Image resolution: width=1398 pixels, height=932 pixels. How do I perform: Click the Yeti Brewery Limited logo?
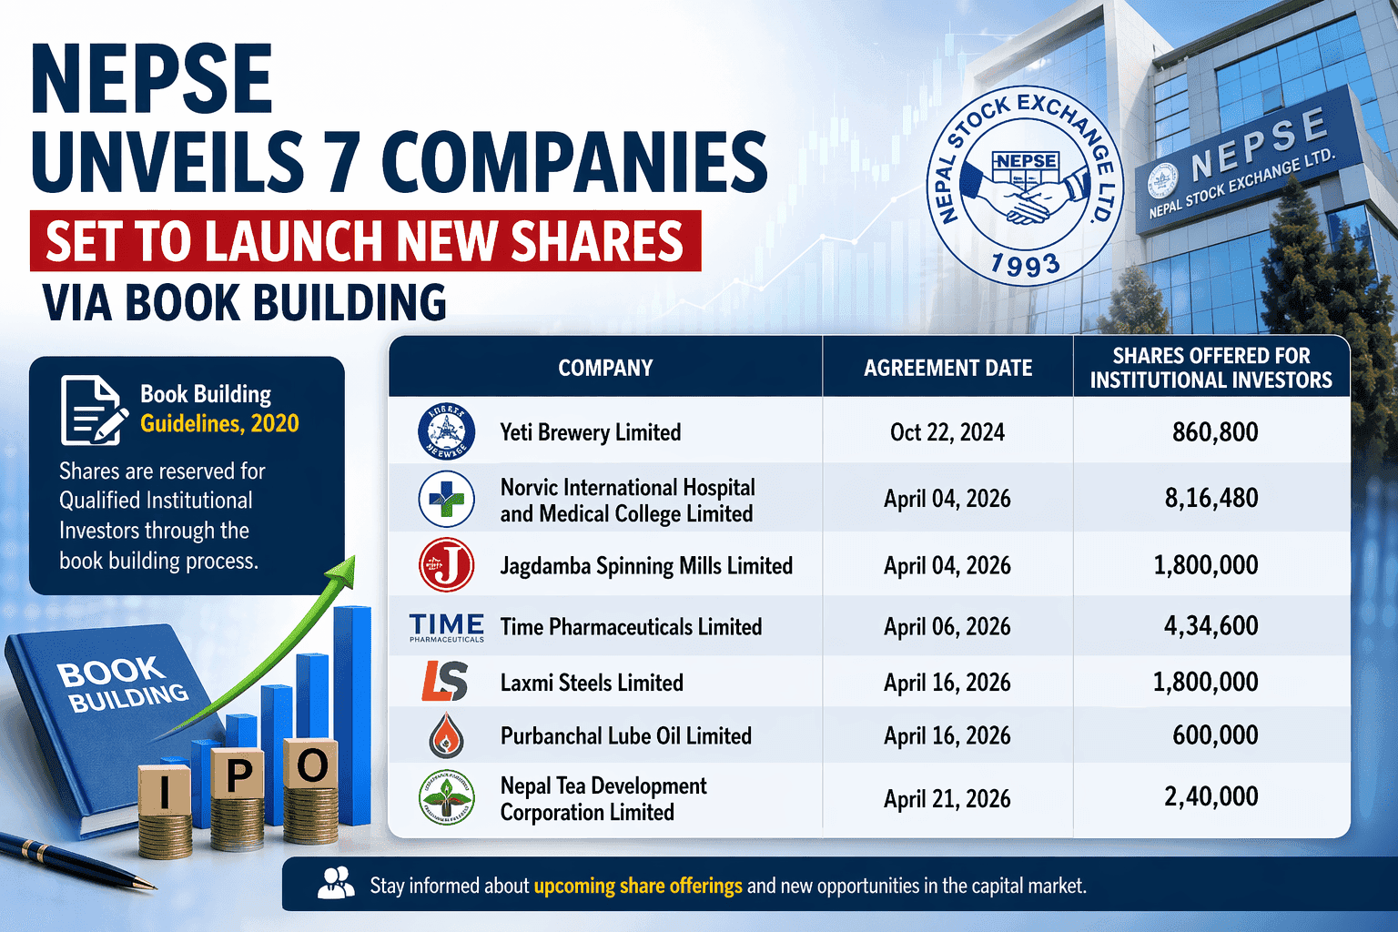(x=446, y=431)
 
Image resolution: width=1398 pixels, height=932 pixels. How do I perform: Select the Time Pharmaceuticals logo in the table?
(x=446, y=627)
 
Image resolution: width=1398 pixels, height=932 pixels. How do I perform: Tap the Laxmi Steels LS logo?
(x=445, y=682)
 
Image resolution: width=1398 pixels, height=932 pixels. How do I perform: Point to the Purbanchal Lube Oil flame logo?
(x=446, y=735)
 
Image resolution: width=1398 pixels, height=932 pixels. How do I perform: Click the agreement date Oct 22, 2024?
(x=947, y=432)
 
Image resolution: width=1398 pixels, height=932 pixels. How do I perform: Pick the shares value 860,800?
(x=1215, y=431)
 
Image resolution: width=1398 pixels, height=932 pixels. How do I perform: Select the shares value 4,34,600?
(x=1211, y=626)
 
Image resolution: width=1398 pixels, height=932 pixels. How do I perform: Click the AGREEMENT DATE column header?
(x=947, y=368)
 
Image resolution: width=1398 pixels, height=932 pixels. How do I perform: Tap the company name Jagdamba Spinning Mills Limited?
(x=646, y=566)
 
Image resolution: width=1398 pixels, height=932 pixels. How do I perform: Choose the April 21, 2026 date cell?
(x=947, y=799)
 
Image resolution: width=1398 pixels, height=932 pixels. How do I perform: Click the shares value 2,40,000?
(x=1211, y=797)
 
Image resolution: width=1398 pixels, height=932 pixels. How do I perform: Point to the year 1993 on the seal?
(x=1025, y=265)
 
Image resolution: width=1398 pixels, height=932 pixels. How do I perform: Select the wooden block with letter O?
(x=311, y=766)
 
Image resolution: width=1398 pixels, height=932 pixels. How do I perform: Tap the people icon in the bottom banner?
(x=336, y=884)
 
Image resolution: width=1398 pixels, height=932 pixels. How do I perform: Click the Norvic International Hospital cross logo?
(x=446, y=499)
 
